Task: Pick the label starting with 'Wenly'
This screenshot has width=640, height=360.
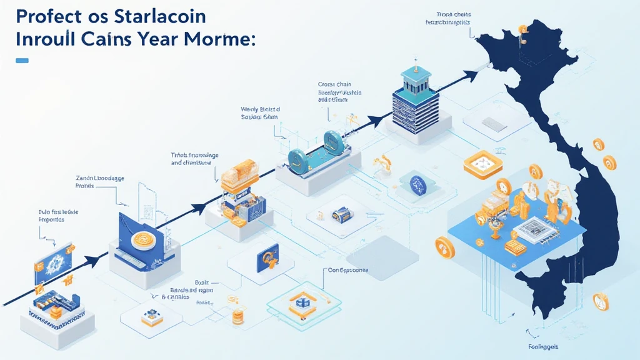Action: pos(261,112)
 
